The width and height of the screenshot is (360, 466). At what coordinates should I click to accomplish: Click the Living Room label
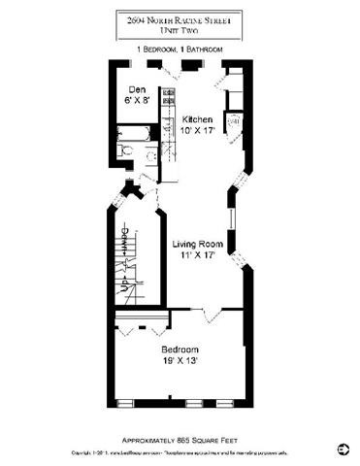tap(198, 244)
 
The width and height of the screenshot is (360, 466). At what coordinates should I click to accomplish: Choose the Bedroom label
tap(180, 349)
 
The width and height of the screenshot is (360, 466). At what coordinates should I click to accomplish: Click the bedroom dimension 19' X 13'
tap(180, 361)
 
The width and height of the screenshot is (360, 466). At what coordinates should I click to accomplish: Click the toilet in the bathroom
tap(126, 152)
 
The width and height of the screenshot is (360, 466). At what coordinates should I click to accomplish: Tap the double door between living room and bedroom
tap(213, 314)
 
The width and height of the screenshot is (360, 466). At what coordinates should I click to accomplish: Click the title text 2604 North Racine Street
tap(180, 17)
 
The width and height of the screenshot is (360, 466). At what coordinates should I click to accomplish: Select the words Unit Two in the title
tap(180, 29)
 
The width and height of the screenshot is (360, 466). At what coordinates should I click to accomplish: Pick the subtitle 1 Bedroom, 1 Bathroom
tap(180, 49)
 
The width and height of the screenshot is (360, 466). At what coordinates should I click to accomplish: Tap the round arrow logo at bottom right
tap(343, 449)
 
